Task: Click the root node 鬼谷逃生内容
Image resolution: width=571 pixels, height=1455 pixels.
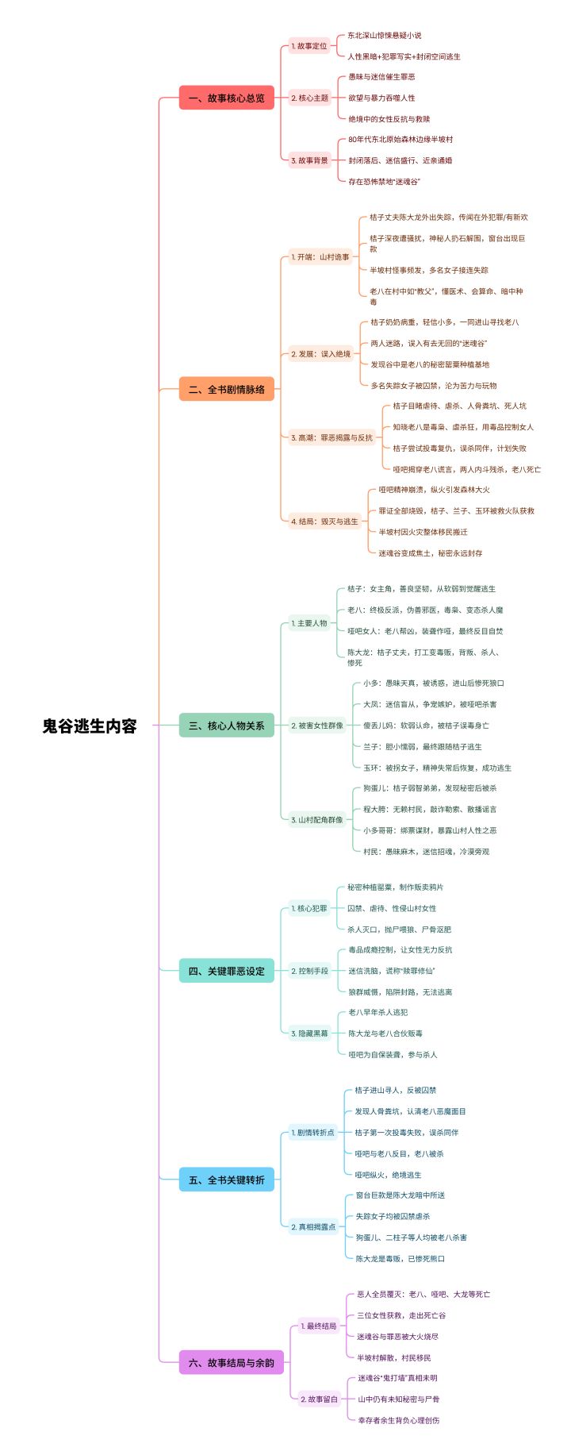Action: [90, 726]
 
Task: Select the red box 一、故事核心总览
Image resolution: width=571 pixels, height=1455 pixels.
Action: [227, 98]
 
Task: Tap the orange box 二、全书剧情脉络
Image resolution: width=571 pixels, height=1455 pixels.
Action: [227, 389]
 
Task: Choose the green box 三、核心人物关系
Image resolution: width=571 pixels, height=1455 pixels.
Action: [227, 726]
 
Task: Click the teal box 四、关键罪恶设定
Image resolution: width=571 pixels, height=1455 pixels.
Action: [227, 971]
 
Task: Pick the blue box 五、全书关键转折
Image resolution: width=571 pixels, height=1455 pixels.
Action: [227, 1180]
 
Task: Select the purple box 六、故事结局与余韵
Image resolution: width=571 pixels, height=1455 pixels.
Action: [232, 1362]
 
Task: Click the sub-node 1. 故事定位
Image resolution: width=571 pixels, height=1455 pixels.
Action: [309, 46]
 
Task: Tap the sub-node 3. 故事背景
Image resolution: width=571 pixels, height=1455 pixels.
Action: [309, 160]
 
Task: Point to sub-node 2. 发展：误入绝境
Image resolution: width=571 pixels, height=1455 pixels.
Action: [321, 354]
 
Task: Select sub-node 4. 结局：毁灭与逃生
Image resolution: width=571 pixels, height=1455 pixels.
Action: [325, 522]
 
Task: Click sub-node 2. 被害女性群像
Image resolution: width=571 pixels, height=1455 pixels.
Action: [317, 726]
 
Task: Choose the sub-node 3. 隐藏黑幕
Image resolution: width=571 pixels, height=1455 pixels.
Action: [309, 1034]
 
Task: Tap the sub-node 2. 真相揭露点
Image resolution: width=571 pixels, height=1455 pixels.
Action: [313, 1226]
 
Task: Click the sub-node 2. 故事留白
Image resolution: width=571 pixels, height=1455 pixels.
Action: [319, 1399]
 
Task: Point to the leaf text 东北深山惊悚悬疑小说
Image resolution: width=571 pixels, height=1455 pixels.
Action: [385, 36]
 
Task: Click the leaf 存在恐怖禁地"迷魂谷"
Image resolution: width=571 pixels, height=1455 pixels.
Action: [385, 182]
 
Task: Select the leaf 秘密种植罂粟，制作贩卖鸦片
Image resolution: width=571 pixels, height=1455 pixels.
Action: [396, 887]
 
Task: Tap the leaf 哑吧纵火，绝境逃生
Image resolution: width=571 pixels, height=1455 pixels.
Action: [389, 1175]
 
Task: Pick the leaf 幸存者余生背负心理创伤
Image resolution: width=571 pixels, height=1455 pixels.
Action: [399, 1420]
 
